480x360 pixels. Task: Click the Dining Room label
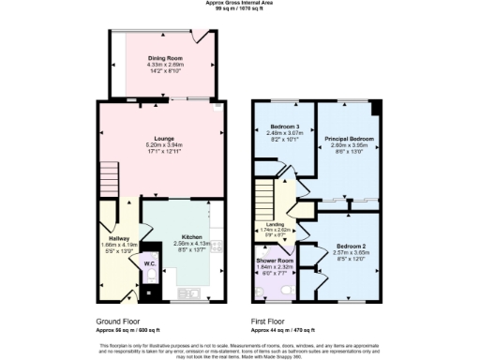[164, 58]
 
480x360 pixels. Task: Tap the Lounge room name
[164, 139]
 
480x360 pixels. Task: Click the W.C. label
[149, 263]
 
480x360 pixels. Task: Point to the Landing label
[275, 224]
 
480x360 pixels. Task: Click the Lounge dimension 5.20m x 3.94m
[164, 145]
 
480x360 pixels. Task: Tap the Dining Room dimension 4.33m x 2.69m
[164, 65]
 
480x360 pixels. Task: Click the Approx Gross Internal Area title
[240, 5]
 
